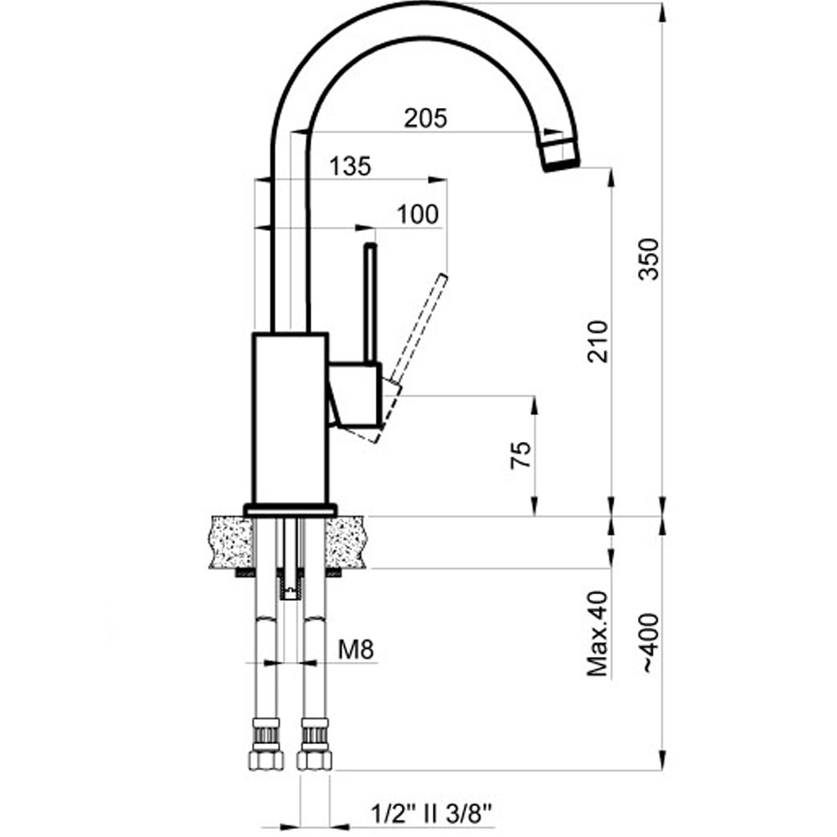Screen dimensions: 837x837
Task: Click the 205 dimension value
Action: (x=425, y=119)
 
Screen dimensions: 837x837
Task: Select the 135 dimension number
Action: (x=350, y=167)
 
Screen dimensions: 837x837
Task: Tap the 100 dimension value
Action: (x=418, y=214)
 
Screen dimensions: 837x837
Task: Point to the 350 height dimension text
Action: (x=650, y=259)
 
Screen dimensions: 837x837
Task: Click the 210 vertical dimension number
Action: (x=598, y=341)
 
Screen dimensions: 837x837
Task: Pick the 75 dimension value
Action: (x=521, y=454)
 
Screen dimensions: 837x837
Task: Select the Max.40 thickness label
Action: (x=598, y=633)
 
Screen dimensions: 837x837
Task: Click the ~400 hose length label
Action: (x=650, y=643)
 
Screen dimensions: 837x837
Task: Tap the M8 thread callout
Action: (x=356, y=650)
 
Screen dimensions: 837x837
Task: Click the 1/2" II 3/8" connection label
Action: (x=430, y=814)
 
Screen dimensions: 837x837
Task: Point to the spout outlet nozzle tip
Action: (x=561, y=155)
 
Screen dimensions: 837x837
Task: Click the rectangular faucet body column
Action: (x=290, y=418)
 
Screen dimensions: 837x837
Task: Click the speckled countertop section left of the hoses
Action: (x=231, y=542)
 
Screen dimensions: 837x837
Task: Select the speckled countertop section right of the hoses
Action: (x=346, y=542)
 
